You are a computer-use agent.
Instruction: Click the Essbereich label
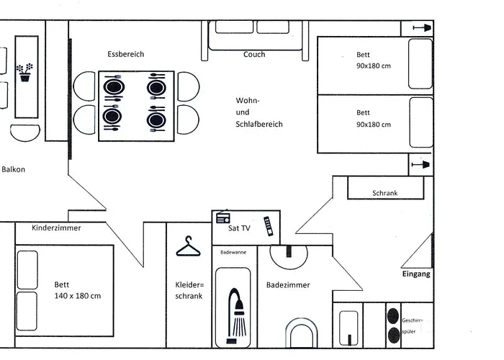(x=125, y=54)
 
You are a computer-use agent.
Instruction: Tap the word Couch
(x=254, y=54)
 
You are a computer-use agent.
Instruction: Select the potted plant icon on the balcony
(x=25, y=71)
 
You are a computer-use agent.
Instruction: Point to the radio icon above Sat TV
(x=222, y=217)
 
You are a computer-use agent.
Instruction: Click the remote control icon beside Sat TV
(x=268, y=225)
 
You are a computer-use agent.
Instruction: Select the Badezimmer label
(x=288, y=285)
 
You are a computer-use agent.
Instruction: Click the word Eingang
(x=416, y=274)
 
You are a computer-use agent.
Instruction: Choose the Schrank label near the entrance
(x=385, y=193)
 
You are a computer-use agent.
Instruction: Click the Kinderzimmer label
(x=56, y=228)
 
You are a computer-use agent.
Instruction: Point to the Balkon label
(x=13, y=170)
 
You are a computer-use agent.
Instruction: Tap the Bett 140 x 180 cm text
(x=77, y=290)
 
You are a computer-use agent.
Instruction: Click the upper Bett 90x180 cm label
(x=373, y=60)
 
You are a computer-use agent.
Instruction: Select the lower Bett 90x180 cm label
(x=373, y=118)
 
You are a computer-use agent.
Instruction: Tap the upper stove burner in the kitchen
(x=393, y=315)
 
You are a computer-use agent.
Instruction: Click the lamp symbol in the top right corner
(x=421, y=27)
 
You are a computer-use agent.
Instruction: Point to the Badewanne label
(x=233, y=253)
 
